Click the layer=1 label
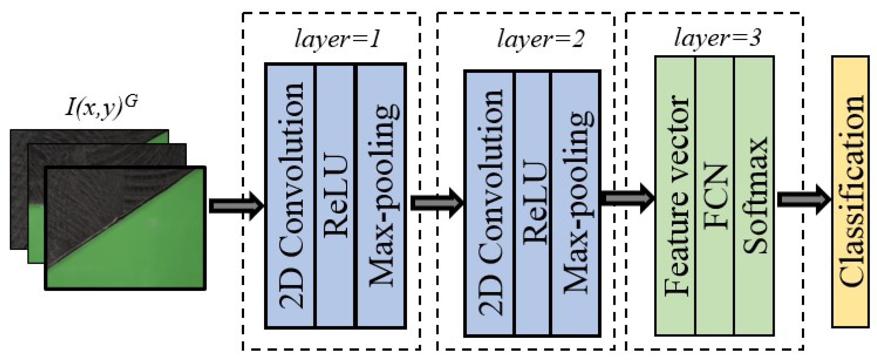coord(337,39)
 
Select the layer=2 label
coord(540,39)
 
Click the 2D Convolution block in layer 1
coord(291,196)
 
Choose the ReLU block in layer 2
coord(533,203)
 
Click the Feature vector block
coord(675,196)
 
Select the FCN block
coord(715,196)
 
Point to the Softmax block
coord(754,196)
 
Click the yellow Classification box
coord(850,192)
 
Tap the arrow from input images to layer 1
coord(236,206)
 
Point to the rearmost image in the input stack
coord(19,192)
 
